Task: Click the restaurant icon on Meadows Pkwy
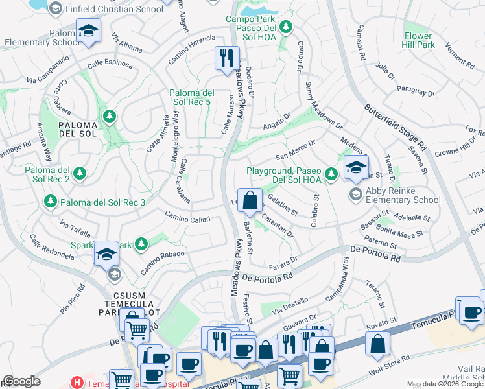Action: coord(226,58)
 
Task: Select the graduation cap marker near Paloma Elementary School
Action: coord(87,31)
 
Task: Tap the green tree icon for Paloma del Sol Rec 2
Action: coord(80,173)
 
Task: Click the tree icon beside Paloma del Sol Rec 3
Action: coord(51,202)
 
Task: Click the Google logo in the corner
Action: coord(21,381)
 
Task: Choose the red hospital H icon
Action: coord(78,383)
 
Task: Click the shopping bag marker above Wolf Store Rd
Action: coord(377,343)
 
